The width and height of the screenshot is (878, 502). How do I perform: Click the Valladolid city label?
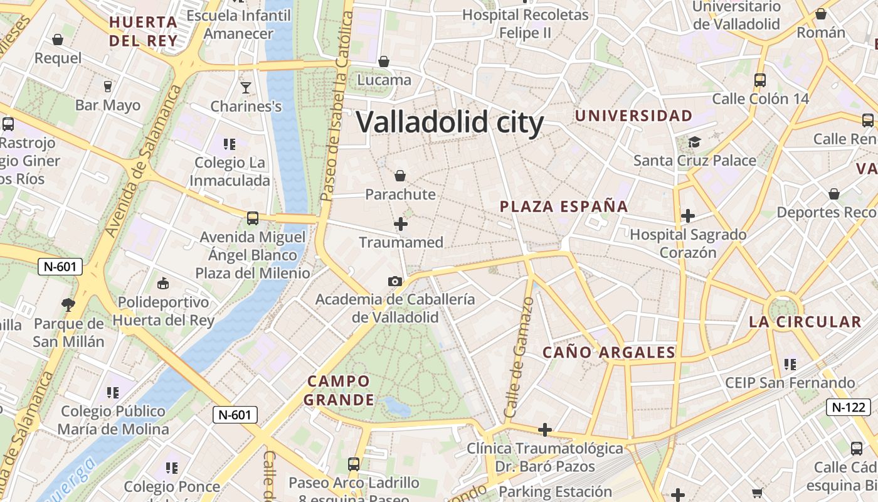(x=450, y=122)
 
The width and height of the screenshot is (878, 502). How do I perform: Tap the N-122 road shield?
(x=849, y=407)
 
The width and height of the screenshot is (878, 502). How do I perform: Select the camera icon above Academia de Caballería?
(x=394, y=281)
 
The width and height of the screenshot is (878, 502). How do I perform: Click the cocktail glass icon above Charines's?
(x=246, y=87)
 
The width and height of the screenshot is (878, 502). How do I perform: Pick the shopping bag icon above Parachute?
(x=400, y=176)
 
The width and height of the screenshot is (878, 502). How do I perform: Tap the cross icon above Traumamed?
(x=401, y=223)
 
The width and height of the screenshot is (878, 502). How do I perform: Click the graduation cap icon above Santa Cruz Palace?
(x=694, y=142)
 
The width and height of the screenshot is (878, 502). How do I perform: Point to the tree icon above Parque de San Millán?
(x=68, y=305)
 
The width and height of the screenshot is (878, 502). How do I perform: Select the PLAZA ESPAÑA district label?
(x=564, y=206)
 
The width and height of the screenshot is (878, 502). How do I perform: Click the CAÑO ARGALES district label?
(x=608, y=352)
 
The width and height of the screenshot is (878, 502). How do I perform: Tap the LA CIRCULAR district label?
(x=805, y=322)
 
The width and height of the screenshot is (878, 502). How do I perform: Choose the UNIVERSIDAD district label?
(x=633, y=115)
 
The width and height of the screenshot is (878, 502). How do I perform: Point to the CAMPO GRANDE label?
(x=339, y=390)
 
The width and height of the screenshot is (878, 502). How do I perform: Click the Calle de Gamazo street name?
(x=519, y=358)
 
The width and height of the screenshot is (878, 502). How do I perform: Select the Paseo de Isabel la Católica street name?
(x=336, y=100)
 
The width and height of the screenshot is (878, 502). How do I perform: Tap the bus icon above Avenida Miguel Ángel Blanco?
(x=253, y=218)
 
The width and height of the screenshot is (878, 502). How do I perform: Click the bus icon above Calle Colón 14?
(x=760, y=80)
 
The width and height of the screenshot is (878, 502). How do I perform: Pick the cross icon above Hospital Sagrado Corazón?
(x=688, y=216)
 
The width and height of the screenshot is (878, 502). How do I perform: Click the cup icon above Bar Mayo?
(x=108, y=86)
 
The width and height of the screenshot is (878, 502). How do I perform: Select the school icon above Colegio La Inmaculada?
(x=230, y=144)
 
